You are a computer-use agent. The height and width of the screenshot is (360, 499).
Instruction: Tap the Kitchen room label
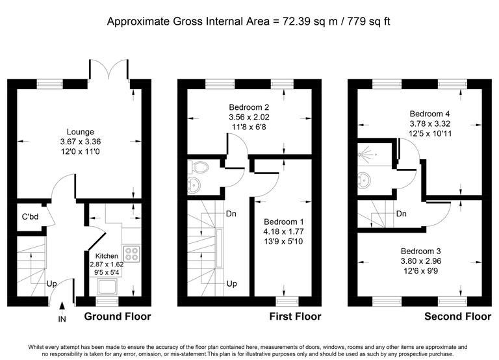click(106, 256)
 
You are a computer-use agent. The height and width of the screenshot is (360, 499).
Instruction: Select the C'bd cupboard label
click(27, 216)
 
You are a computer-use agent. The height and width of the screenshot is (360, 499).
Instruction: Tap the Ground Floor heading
click(118, 317)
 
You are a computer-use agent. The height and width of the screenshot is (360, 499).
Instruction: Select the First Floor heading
click(295, 317)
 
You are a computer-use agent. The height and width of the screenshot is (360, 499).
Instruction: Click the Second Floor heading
click(457, 317)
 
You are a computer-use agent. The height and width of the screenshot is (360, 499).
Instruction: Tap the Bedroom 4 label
click(420, 112)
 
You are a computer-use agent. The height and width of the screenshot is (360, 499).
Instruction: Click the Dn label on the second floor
click(402, 213)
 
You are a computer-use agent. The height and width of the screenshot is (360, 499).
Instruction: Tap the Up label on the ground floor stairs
click(49, 283)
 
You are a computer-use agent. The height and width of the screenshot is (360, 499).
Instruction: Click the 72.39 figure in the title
click(293, 21)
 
